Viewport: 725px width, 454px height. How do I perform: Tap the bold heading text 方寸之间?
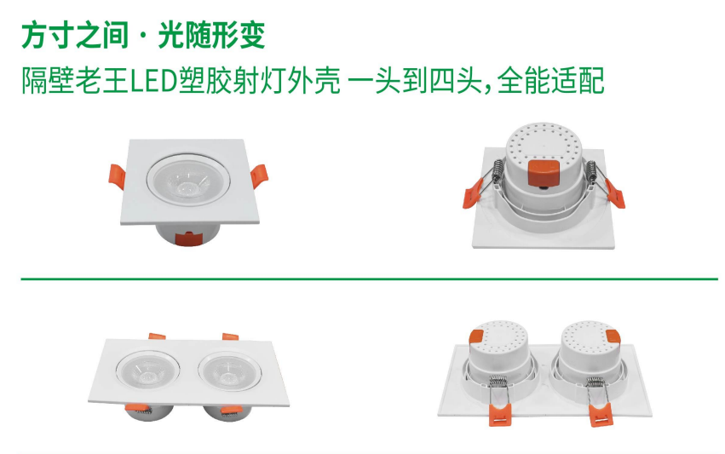pyautogui.click(x=72, y=37)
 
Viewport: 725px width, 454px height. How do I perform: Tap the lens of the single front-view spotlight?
pyautogui.click(x=189, y=181)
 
